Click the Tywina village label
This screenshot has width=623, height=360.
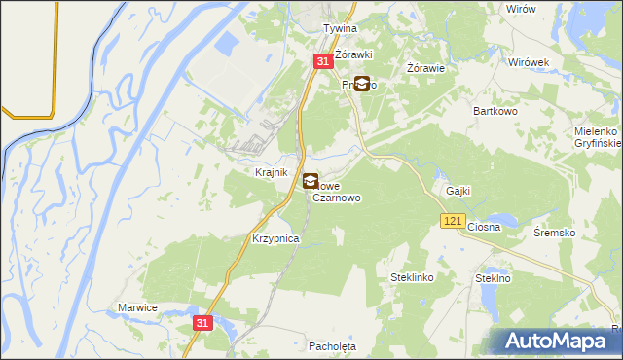pyautogui.click(x=341, y=29)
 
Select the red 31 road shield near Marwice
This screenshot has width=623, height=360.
pyautogui.click(x=202, y=322)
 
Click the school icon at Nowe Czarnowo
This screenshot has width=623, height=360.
pyautogui.click(x=311, y=181)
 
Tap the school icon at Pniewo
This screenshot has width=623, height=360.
pyautogui.click(x=362, y=85)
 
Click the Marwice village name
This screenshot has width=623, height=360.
pyautogui.click(x=137, y=307)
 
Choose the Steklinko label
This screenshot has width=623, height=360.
pyautogui.click(x=412, y=277)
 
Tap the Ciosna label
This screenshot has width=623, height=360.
pyautogui.click(x=484, y=227)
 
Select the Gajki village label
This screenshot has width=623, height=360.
pyautogui.click(x=458, y=191)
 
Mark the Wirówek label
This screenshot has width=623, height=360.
pyautogui.click(x=530, y=61)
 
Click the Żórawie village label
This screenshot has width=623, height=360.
pyautogui.click(x=425, y=68)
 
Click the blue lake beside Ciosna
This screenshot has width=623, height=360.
pyautogui.click(x=503, y=218)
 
